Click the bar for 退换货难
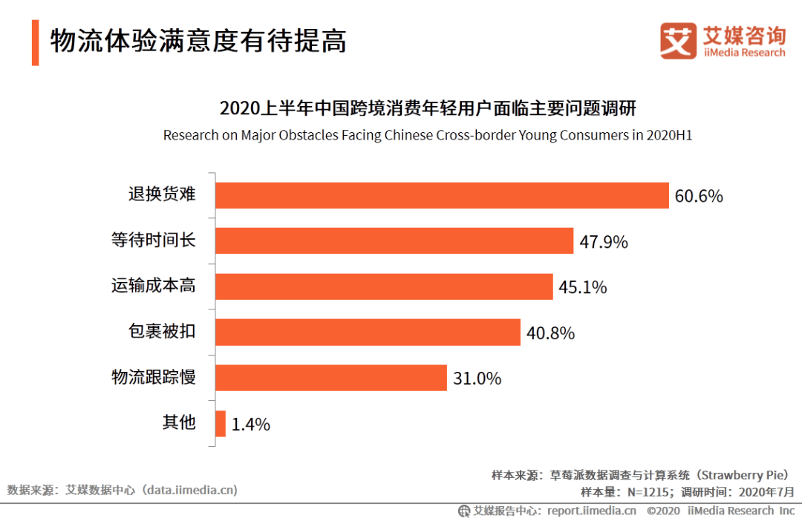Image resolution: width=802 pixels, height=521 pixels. (442, 195)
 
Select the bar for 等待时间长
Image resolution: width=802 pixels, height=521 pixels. (394, 241)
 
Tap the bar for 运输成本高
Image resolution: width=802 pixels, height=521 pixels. (384, 286)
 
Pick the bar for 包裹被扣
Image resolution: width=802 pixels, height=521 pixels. (368, 332)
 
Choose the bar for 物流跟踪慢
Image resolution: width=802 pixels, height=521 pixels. (331, 378)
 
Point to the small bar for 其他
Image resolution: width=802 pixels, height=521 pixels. (221, 423)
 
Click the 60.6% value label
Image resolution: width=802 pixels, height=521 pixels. (699, 196)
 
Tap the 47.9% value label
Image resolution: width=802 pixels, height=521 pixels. (604, 242)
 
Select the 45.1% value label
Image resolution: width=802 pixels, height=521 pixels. (583, 287)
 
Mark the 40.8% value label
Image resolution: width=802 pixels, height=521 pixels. (550, 333)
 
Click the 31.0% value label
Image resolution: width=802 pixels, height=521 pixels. (477, 379)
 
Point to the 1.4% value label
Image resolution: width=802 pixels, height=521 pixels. (250, 425)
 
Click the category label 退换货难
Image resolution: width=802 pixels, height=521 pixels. (162, 194)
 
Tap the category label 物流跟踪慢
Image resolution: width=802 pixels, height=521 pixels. (154, 377)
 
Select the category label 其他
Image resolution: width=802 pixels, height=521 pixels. (179, 422)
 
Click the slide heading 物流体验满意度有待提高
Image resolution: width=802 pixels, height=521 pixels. (198, 42)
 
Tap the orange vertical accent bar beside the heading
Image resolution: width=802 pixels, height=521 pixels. (35, 42)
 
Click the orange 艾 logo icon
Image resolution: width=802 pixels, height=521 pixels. (678, 41)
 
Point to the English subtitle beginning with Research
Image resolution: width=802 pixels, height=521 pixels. (428, 136)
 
